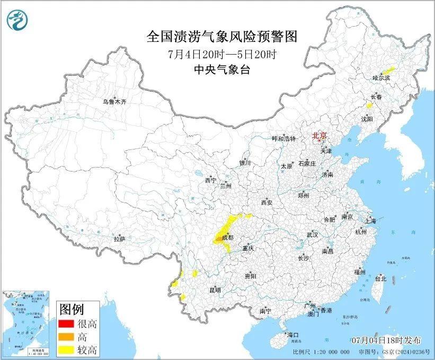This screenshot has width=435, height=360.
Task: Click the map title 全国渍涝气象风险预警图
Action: pos(221,37)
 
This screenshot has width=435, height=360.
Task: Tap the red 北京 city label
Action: pos(319,135)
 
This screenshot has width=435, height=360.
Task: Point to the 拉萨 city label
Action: pos(119,239)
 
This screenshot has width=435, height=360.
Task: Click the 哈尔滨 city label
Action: pos(381,78)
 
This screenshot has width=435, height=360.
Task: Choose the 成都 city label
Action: pos(227,238)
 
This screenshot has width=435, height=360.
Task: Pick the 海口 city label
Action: pos(293,335)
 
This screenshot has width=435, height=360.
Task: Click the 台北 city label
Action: pos(380,278)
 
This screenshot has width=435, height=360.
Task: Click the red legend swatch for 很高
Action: pos(67,323)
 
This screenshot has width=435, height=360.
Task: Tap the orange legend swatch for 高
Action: pos(67,337)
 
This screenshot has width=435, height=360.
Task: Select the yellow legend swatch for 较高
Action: pos(67,349)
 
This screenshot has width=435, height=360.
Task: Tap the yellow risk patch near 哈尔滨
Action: pos(389,69)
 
